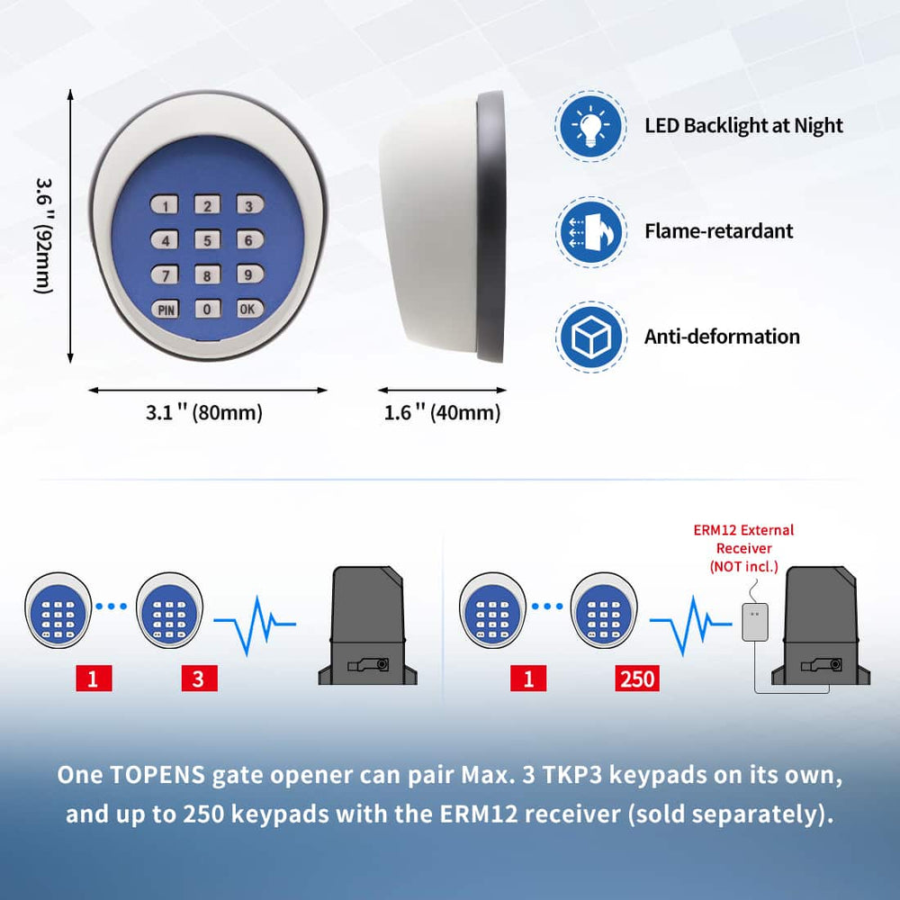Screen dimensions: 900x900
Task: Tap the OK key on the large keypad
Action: pyautogui.click(x=249, y=309)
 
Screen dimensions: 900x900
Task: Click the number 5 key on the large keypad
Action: pyautogui.click(x=207, y=240)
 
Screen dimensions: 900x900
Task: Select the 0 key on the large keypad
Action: pyautogui.click(x=207, y=309)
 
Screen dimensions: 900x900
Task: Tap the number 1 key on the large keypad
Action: pyautogui.click(x=166, y=206)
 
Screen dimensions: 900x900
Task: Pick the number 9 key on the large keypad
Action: pyautogui.click(x=249, y=274)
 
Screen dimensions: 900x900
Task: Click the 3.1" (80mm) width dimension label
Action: pyautogui.click(x=204, y=413)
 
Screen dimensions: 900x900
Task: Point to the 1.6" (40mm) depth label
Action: pyautogui.click(x=442, y=413)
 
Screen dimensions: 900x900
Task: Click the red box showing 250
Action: pyautogui.click(x=636, y=679)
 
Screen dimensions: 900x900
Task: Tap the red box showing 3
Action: pyautogui.click(x=199, y=679)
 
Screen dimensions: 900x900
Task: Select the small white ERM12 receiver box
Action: pyautogui.click(x=754, y=622)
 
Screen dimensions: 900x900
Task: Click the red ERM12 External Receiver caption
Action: pyautogui.click(x=743, y=548)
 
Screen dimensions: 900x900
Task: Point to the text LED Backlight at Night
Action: pyautogui.click(x=743, y=125)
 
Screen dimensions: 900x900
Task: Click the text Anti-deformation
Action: pyautogui.click(x=722, y=337)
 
